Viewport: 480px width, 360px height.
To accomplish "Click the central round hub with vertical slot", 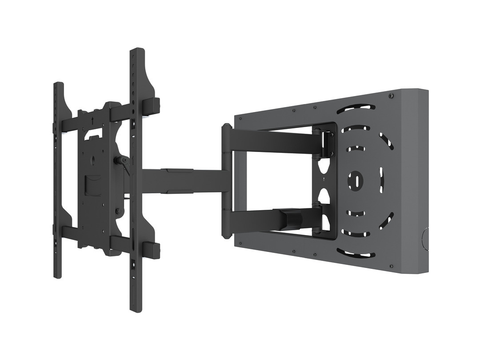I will pyautogui.click(x=356, y=180).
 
